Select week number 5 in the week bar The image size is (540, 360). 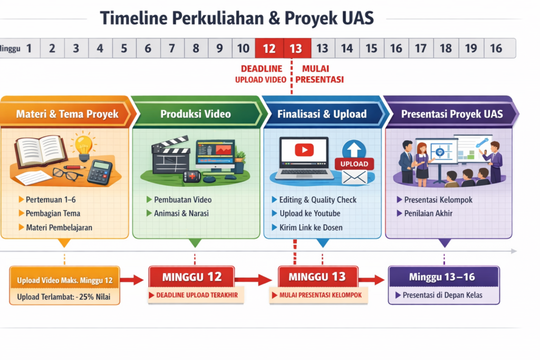coord(124,48)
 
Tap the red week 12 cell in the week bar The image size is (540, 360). coord(269,48)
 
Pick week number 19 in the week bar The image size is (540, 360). coord(471,48)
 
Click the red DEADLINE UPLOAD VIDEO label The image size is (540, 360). coord(261,74)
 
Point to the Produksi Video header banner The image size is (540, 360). coord(196,114)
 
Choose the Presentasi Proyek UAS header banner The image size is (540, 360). coord(451,114)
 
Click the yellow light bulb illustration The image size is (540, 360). coord(84,147)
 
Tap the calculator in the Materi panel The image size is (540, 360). coord(100,172)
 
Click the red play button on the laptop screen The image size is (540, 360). coord(304,150)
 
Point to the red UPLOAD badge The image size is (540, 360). coord(354,164)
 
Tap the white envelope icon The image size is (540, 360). coord(354,178)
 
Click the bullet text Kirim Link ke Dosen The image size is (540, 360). coord(311,228)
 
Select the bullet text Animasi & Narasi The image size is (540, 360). coord(181,213)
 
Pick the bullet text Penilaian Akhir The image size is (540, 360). coord(428,213)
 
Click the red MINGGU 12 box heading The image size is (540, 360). coord(192,277)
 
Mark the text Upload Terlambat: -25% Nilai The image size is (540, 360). coord(64,297)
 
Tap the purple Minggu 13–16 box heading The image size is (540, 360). coord(443,277)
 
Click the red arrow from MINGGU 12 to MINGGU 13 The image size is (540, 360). coord(253,279)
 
